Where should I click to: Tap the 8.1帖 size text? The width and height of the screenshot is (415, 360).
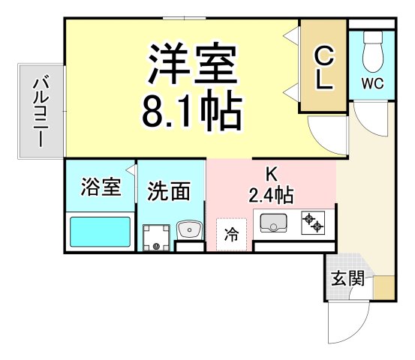(x=192, y=111)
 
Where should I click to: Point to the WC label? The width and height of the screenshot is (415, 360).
(x=372, y=83)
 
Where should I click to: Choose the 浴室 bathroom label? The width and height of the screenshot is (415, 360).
(x=101, y=187)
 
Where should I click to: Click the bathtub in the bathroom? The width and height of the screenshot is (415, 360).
(x=101, y=232)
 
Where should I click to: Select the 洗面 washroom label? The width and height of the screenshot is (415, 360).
(x=168, y=191)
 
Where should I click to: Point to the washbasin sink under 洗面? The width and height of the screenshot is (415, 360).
(x=188, y=229)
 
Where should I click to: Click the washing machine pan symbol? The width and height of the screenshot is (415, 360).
(x=157, y=235)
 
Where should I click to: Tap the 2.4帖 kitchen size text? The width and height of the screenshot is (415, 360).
(x=271, y=196)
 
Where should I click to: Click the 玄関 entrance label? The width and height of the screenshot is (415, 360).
(x=348, y=279)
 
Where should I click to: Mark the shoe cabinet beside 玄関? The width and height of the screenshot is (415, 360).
(x=383, y=288)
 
